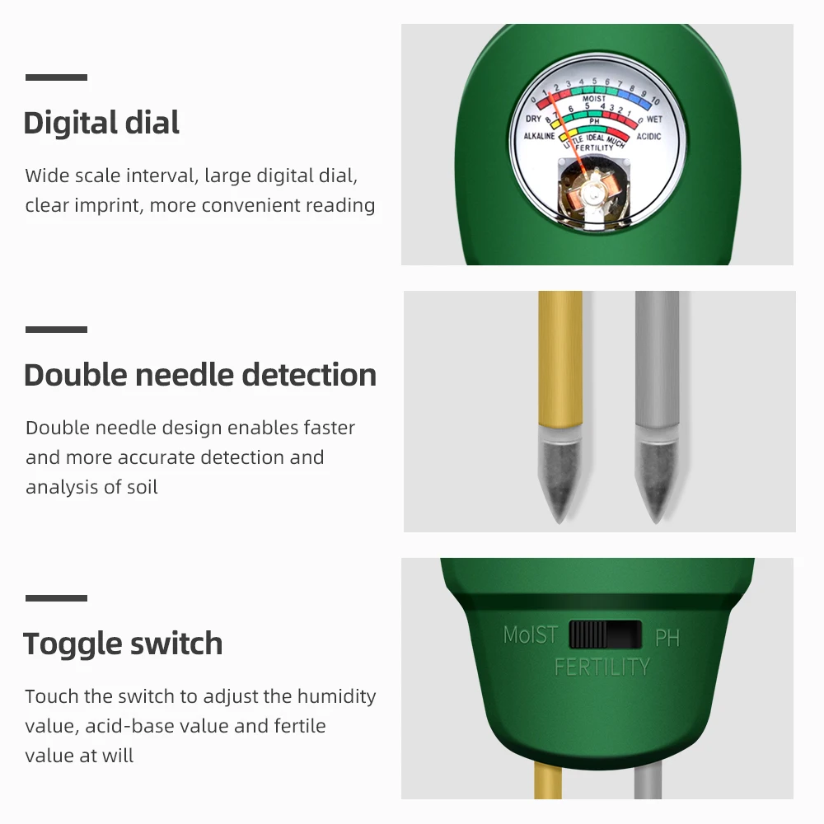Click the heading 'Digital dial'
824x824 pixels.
click(101, 124)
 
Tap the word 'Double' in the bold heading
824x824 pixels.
click(75, 375)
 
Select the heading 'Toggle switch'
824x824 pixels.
click(123, 644)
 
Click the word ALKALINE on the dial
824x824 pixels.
click(540, 136)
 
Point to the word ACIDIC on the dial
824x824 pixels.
click(648, 136)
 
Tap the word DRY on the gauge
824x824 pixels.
click(533, 119)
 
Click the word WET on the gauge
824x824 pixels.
click(654, 119)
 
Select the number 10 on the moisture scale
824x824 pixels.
click(655, 101)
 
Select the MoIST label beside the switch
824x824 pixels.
click(530, 635)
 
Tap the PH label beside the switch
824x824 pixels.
click(667, 637)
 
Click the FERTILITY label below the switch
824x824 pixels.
click(602, 666)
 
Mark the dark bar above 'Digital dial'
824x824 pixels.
click(56, 77)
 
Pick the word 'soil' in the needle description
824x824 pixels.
click(141, 487)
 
